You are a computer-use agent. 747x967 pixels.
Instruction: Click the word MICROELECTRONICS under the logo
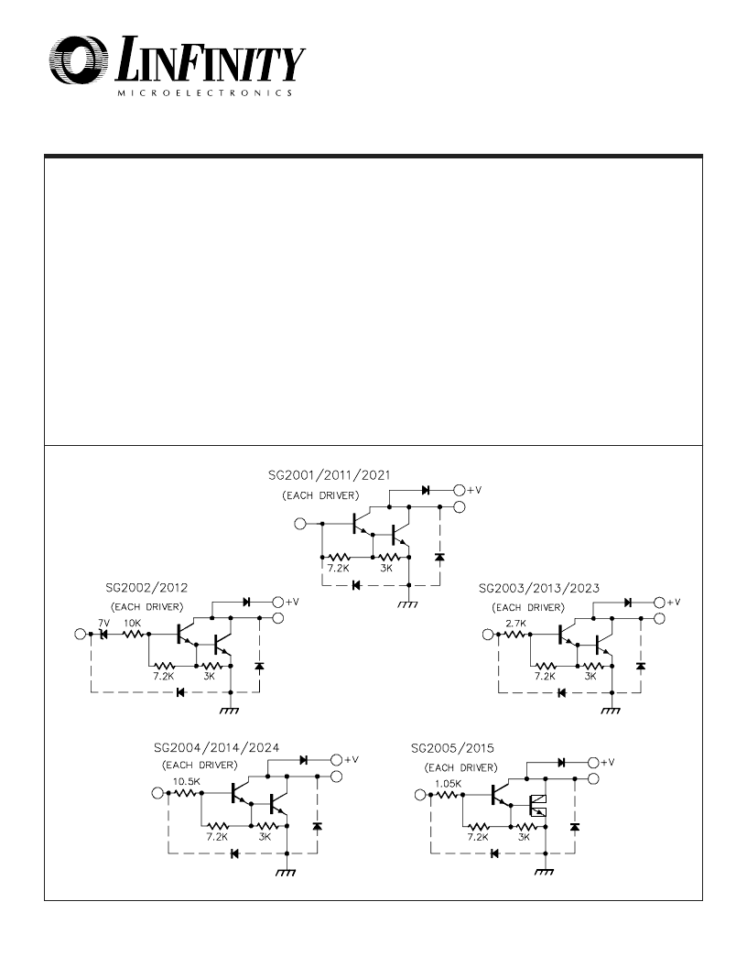click(205, 93)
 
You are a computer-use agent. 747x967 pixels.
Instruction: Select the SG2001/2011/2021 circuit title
click(329, 475)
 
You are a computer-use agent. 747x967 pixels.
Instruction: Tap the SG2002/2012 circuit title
click(146, 588)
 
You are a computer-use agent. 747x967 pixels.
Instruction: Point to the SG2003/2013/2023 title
click(538, 588)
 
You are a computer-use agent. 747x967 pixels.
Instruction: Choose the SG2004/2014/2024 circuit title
click(216, 748)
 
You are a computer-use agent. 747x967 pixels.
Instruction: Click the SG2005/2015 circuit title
click(452, 749)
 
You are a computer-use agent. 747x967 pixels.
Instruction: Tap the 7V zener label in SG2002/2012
click(103, 624)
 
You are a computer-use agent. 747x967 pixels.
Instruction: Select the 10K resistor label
click(133, 624)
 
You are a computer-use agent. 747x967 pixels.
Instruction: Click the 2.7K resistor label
click(515, 624)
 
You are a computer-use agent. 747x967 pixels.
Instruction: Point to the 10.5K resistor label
click(186, 781)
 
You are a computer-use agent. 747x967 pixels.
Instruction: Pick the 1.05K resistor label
click(448, 784)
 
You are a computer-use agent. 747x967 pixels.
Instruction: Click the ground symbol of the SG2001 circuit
click(408, 604)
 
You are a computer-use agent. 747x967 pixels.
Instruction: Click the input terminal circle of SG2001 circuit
click(300, 524)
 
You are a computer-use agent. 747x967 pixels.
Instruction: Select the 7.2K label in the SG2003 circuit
click(545, 676)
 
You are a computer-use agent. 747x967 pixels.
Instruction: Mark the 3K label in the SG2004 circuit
click(265, 837)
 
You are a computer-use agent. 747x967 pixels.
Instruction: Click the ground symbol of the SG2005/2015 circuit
click(544, 872)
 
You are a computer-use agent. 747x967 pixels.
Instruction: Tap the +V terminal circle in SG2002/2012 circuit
click(278, 602)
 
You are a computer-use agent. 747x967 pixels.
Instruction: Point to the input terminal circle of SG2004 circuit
click(157, 793)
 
